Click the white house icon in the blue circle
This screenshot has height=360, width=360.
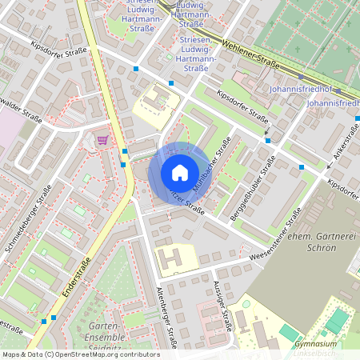point(180,172)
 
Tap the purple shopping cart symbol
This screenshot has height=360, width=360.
point(102,139)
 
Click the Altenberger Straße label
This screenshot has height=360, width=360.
point(165,316)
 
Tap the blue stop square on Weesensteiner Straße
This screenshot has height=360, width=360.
point(302,167)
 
